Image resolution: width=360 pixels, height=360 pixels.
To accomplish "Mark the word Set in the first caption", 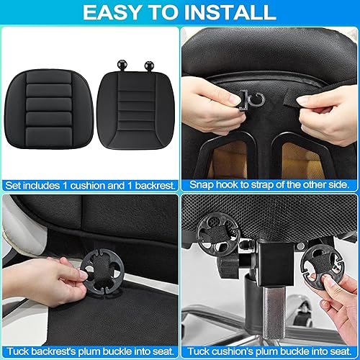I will pyautogui.click(x=14, y=185).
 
